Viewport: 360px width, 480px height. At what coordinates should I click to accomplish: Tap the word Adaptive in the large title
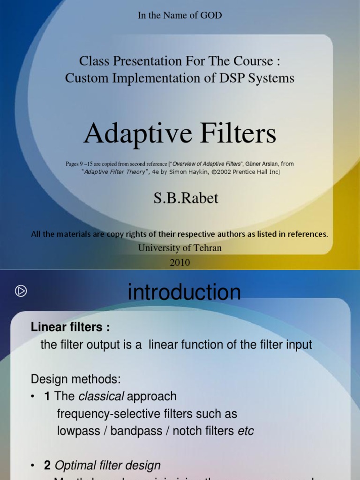(x=130, y=134)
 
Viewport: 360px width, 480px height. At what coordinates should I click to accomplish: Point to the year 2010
(x=180, y=262)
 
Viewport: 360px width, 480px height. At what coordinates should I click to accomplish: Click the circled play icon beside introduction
(x=21, y=291)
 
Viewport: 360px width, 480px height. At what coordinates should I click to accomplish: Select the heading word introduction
(x=184, y=292)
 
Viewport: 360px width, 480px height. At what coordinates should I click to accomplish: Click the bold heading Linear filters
(x=70, y=327)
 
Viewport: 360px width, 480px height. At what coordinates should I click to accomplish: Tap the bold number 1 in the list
(x=47, y=396)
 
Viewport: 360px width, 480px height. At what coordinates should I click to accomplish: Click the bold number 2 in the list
(x=47, y=465)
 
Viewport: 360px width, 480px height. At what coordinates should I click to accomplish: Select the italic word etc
(x=246, y=431)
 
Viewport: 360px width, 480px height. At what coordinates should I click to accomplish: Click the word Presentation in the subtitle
(x=142, y=61)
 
